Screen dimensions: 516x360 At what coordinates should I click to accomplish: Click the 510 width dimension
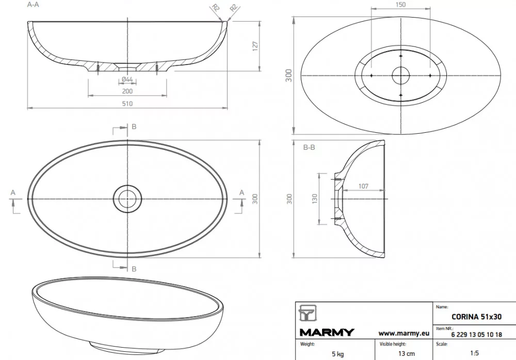coord(127,103)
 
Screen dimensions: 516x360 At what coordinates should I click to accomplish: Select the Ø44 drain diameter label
coord(127,80)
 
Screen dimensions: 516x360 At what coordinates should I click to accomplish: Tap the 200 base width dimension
coord(127,91)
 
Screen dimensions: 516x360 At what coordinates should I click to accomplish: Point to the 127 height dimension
coord(255,46)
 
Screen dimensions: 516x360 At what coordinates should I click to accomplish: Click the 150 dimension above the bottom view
coord(400,5)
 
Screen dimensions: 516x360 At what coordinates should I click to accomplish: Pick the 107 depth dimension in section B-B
coord(363,186)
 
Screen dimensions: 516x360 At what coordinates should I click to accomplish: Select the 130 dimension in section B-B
coord(315,198)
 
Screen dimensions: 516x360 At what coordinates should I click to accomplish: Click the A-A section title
coord(33,5)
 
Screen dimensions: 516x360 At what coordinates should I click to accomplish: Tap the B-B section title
coord(309,147)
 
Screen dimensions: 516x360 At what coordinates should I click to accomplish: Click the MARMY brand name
coord(327,332)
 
